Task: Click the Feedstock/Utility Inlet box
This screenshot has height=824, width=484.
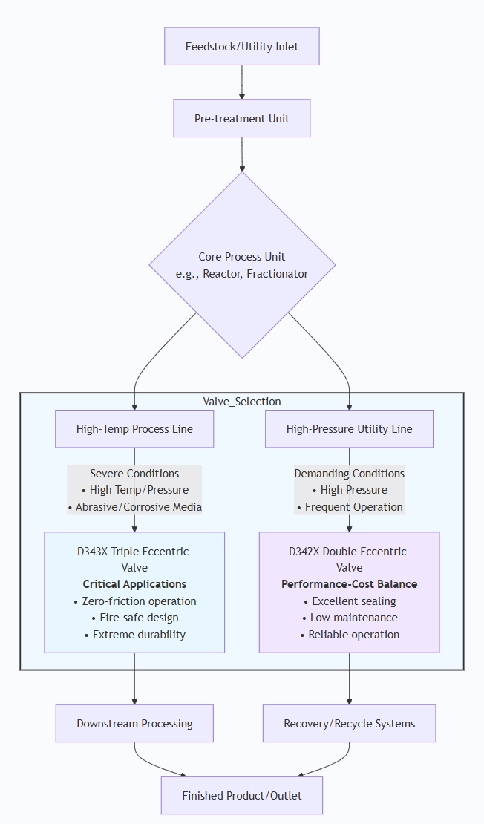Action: [242, 47]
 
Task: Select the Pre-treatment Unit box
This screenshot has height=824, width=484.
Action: [242, 119]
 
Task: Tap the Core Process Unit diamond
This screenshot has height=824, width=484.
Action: [242, 265]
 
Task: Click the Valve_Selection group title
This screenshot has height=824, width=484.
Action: [242, 402]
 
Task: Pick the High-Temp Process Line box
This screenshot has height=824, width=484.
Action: [134, 429]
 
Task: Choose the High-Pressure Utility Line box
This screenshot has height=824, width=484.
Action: [349, 429]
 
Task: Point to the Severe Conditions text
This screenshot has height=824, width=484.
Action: [134, 474]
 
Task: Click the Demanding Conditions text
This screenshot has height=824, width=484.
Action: [349, 474]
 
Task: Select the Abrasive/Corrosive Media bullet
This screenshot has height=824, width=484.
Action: [134, 507]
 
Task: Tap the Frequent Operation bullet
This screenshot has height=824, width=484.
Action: [349, 507]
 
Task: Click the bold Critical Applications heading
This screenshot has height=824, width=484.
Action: [134, 584]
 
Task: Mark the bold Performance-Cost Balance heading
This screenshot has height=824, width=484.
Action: [349, 584]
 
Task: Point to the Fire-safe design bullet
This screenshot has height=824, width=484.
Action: [134, 618]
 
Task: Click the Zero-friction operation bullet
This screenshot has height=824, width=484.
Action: [134, 601]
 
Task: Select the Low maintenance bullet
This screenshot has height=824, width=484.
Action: [349, 618]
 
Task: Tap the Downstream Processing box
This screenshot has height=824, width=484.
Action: [134, 724]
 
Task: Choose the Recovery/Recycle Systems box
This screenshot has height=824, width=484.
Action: [349, 724]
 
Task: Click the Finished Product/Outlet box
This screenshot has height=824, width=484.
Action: [242, 796]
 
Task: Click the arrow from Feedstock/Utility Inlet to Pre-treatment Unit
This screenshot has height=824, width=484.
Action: [242, 82]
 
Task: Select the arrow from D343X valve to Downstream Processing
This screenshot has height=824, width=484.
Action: [134, 679]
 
